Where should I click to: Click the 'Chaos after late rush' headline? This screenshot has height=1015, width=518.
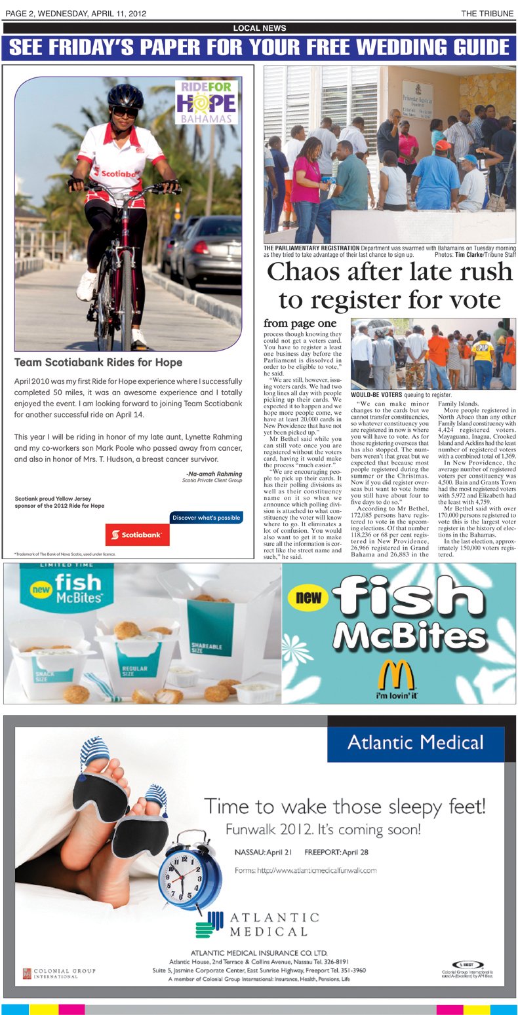[389, 272]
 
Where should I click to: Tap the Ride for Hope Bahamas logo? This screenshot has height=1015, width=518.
[206, 102]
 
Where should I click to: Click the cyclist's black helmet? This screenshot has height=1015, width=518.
[125, 96]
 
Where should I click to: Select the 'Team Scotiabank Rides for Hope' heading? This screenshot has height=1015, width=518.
[98, 362]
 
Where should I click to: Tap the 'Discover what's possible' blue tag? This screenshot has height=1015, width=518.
[206, 518]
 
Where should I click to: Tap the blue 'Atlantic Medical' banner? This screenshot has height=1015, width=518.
[415, 743]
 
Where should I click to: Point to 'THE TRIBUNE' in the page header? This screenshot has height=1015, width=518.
[488, 13]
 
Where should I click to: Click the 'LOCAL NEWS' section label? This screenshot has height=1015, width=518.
[259, 28]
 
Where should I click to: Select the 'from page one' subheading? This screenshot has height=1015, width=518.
[300, 323]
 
